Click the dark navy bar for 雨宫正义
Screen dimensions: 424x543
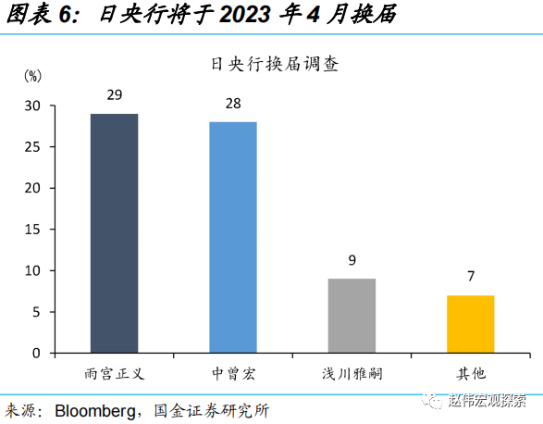click(114, 233)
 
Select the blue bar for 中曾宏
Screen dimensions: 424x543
click(233, 237)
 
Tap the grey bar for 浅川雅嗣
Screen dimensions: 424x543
click(352, 316)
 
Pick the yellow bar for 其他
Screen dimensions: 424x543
click(471, 324)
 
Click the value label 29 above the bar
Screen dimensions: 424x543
click(114, 95)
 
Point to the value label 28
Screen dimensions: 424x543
click(233, 103)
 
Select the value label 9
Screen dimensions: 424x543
click(352, 260)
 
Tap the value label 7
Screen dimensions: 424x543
click(471, 277)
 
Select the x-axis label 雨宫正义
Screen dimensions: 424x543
click(114, 375)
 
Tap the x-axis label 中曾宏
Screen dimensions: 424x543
click(233, 375)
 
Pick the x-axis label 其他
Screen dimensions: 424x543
click(471, 375)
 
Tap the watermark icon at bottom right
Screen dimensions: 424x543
click(434, 400)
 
